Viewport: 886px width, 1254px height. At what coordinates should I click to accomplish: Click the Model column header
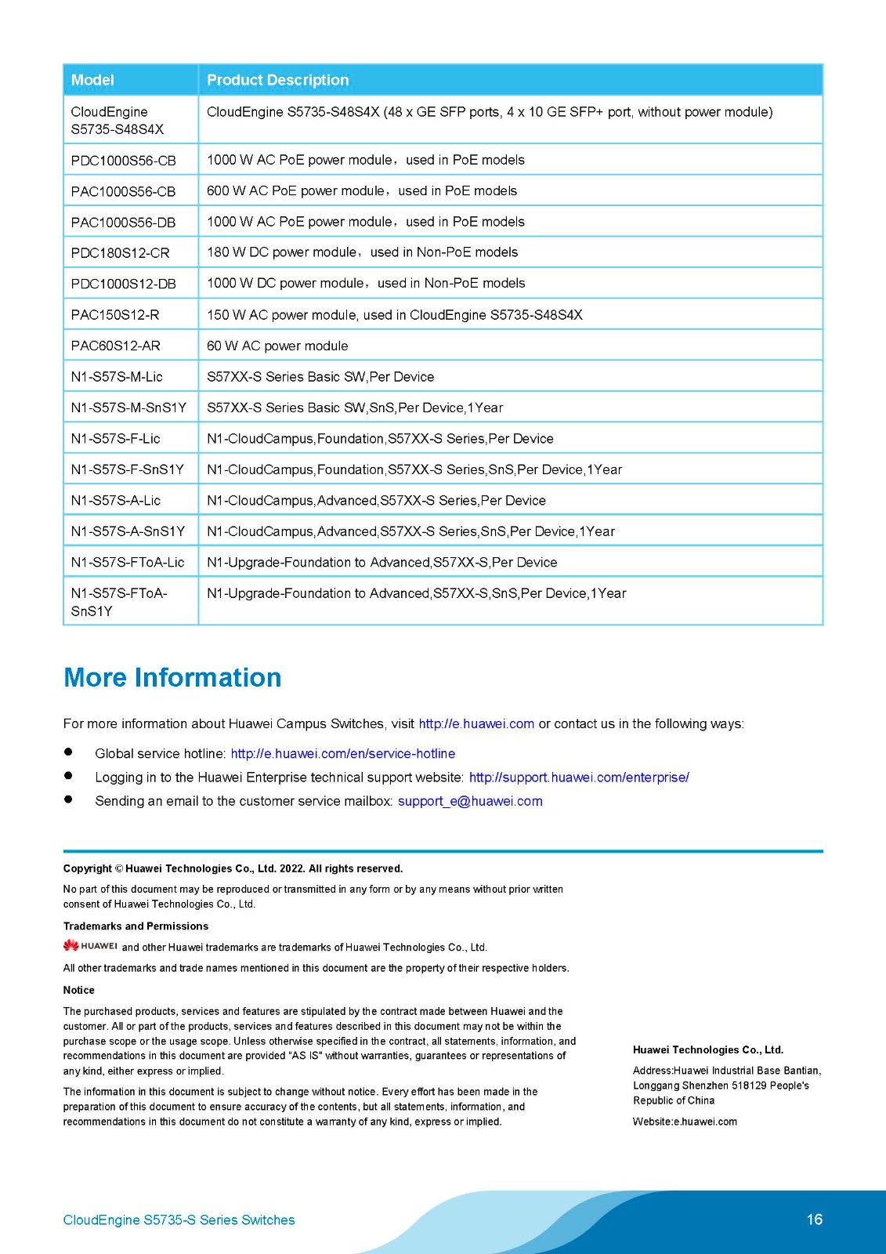(x=92, y=80)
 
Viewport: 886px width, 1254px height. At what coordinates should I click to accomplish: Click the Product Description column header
(x=277, y=80)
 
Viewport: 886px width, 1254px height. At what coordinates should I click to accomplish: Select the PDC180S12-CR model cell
(x=120, y=253)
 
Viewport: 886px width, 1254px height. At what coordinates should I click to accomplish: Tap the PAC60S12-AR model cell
(x=115, y=346)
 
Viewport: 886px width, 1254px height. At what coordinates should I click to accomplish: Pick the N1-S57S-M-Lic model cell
(x=117, y=377)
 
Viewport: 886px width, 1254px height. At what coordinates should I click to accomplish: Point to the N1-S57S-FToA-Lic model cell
(x=128, y=563)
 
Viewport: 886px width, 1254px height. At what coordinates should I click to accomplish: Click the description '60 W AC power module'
(x=277, y=346)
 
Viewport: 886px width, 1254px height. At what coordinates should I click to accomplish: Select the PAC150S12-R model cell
(x=114, y=315)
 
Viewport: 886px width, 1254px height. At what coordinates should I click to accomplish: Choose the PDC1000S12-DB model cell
(x=123, y=284)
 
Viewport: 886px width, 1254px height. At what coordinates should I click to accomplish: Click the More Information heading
(x=172, y=677)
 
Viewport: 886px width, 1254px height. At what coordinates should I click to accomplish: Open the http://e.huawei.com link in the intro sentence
(x=476, y=723)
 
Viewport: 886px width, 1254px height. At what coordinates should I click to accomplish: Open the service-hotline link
(x=342, y=753)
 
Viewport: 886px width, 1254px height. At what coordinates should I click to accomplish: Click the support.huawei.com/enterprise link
(x=579, y=777)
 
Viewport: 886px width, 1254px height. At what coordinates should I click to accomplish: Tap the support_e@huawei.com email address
(x=470, y=801)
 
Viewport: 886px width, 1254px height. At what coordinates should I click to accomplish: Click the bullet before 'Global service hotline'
(x=68, y=752)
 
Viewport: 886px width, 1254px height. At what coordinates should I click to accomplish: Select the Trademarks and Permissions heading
(x=136, y=926)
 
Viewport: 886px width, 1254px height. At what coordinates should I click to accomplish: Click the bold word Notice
(x=79, y=990)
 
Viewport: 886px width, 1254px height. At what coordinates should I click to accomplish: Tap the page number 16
(x=815, y=1219)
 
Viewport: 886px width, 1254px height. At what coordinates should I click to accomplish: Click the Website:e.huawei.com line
(x=685, y=1122)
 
